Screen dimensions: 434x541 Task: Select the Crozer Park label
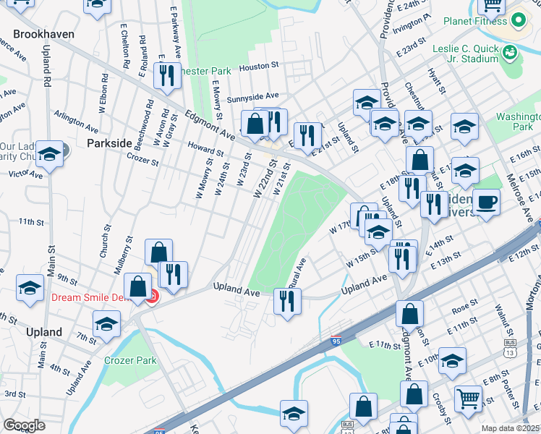pos(130,360)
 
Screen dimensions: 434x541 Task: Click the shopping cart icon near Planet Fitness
pos(493,6)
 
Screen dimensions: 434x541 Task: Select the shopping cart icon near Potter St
pos(468,397)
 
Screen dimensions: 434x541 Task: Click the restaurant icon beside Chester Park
pos(167,75)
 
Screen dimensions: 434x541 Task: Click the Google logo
pos(25,425)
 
